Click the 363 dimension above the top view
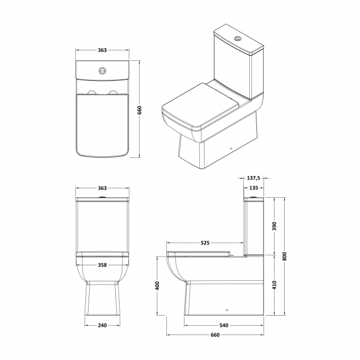tap(102, 50)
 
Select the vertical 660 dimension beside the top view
tap(140, 110)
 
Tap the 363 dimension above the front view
tap(102, 188)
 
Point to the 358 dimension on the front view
tap(102, 265)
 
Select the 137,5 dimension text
tap(254, 178)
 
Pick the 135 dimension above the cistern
tap(254, 188)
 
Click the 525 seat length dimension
tap(204, 243)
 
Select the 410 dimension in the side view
tap(274, 285)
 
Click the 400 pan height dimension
tap(157, 285)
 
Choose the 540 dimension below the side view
tap(224, 325)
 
